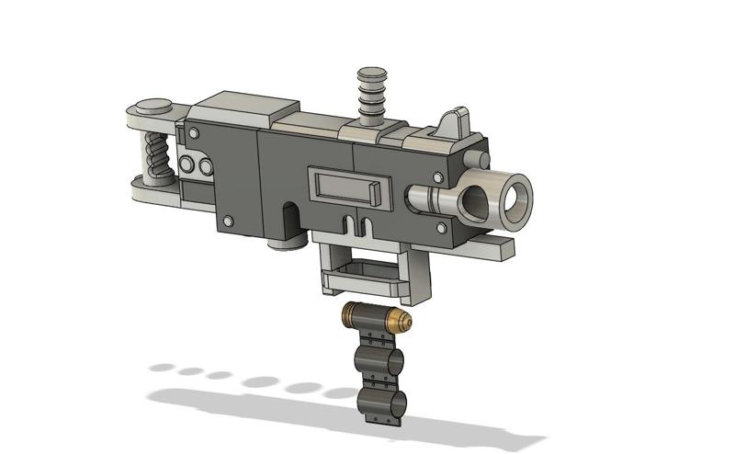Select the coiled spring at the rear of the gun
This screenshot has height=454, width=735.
(x=153, y=157)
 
